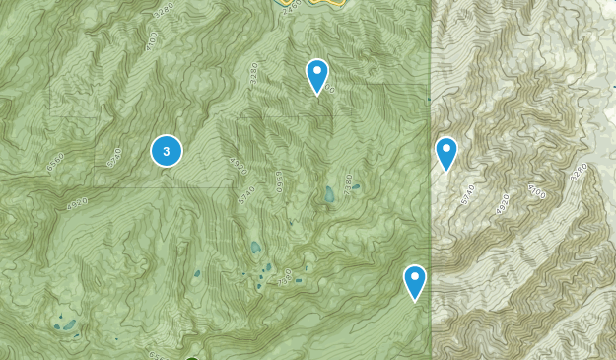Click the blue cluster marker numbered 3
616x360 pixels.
point(166,151)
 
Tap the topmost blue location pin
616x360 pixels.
point(316,75)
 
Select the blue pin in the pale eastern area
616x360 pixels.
point(446,153)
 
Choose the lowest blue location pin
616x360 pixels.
point(414,281)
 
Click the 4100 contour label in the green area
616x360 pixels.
point(151,42)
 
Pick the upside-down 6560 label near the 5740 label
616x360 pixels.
point(279,182)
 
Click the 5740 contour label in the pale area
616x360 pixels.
point(467,193)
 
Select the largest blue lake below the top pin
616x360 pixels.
point(329,195)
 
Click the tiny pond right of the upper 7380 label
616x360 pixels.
point(356,185)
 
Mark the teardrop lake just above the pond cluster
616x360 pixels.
point(255,248)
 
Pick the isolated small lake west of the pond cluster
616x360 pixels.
point(196,273)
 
